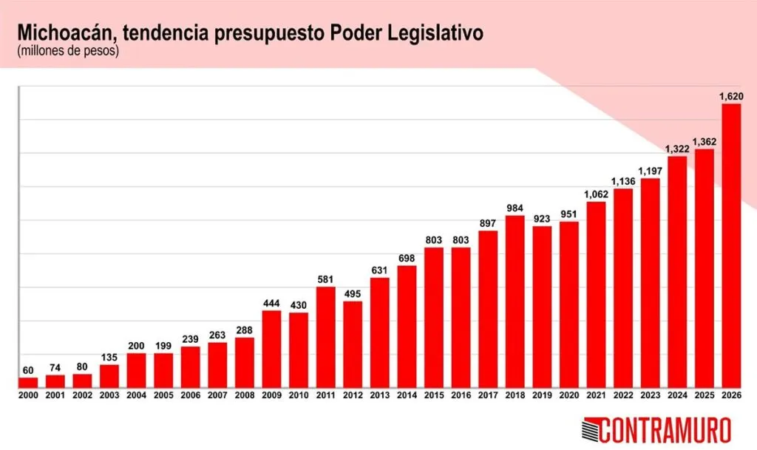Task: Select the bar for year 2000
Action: [28, 383]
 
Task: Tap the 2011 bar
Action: [325, 337]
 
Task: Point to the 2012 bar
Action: [353, 344]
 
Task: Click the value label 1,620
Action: [731, 96]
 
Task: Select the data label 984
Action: [515, 208]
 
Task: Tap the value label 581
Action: [325, 279]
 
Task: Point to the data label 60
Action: [28, 370]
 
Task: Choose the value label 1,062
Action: [596, 194]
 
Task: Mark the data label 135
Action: [109, 357]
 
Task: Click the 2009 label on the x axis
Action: [271, 396]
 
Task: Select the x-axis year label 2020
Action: [568, 396]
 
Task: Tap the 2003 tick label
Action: [109, 396]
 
